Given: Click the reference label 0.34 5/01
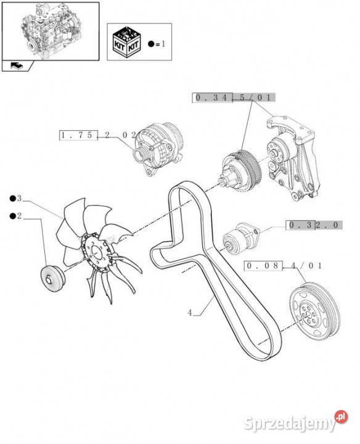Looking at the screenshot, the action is [234, 97].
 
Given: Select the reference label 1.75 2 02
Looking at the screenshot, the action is [98, 135].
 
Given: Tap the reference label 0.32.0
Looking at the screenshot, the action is [314, 225].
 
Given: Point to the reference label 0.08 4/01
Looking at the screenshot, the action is [284, 266].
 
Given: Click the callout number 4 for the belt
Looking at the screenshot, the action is [190, 313].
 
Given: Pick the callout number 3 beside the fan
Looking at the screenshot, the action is [19, 198].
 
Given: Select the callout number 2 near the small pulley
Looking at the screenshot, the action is [19, 216].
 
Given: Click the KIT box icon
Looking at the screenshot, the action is [126, 42].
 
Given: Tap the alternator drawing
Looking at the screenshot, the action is [159, 149].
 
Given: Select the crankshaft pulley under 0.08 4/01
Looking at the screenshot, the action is [314, 311].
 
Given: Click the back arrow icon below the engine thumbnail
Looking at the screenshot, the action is [17, 66].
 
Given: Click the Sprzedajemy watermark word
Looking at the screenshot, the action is [289, 424].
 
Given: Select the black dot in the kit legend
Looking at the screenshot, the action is [151, 44].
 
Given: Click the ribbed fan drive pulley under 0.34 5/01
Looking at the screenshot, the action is [240, 171].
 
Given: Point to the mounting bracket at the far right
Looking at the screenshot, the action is [294, 158].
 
